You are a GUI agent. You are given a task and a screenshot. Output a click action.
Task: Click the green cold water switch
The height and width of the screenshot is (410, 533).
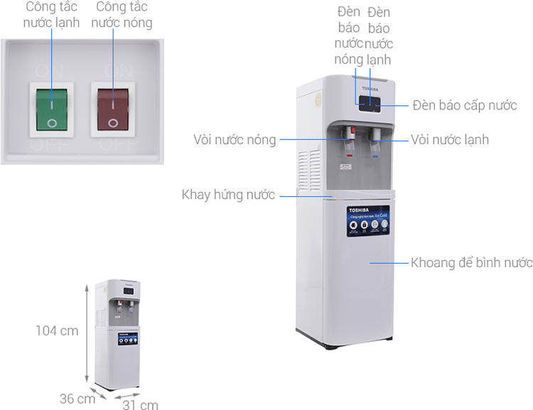point(51,109)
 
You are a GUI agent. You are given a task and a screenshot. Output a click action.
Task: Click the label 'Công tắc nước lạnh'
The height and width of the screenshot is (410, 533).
point(51,15)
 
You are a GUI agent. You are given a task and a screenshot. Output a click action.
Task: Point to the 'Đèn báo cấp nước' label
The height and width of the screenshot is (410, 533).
point(465,105)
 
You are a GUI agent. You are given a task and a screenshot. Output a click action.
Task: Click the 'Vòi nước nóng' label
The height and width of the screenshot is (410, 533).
point(235,139)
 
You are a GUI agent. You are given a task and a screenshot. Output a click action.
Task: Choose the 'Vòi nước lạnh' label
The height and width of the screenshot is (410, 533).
point(450,139)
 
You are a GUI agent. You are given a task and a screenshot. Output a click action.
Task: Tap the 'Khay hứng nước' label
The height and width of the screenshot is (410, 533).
point(228,194)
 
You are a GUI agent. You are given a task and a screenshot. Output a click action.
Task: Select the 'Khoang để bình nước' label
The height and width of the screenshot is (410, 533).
point(471,263)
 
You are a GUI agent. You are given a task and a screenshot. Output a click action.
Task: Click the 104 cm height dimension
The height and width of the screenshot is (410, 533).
point(57,330)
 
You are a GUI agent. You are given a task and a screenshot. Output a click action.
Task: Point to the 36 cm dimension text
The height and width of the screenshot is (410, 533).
point(77,399)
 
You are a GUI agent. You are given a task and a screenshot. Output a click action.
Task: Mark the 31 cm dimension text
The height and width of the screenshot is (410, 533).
point(140,405)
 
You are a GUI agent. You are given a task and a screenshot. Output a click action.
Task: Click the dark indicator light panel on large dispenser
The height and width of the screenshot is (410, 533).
point(370,104)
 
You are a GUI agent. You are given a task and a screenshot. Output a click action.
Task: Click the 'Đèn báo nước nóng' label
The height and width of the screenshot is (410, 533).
point(350,36)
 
